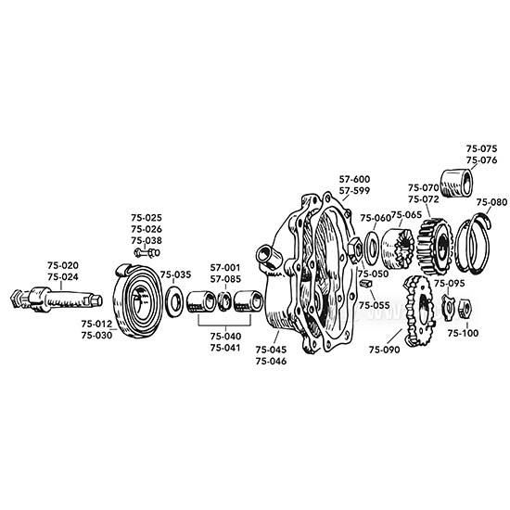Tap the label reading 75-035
[175, 274]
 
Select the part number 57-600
[354, 179]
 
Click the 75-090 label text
[384, 350]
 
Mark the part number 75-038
[147, 239]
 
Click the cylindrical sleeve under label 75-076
[457, 182]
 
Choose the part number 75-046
[271, 360]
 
